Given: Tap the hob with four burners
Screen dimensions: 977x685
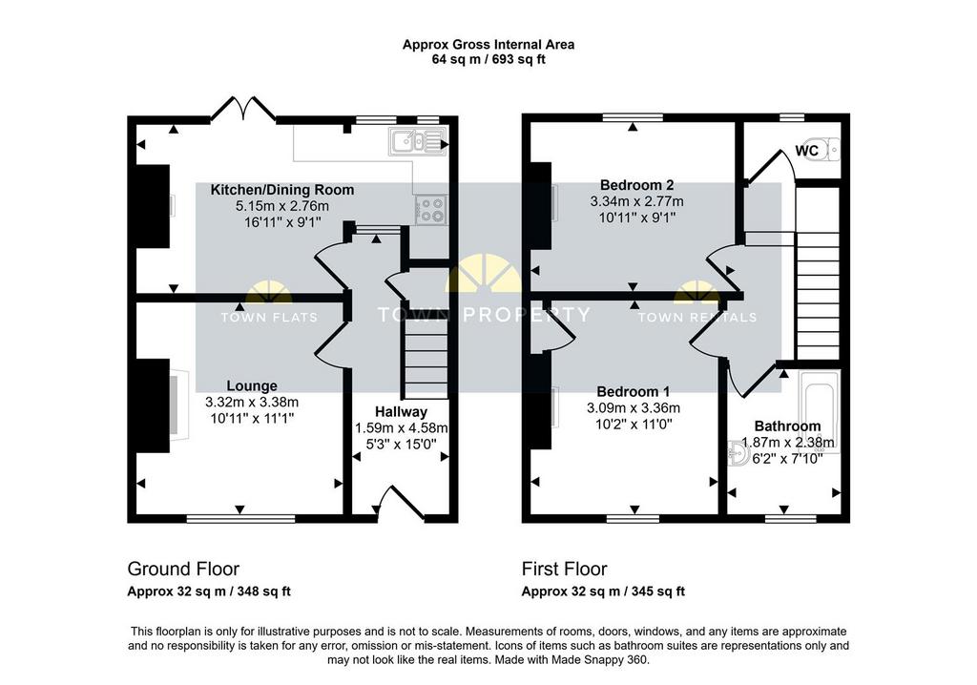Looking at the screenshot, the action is click(430, 210).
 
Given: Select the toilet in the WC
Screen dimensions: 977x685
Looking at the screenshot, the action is click(821, 150).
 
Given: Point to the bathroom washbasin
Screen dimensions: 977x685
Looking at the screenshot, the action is click(739, 454).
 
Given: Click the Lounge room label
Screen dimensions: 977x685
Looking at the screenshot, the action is click(252, 386).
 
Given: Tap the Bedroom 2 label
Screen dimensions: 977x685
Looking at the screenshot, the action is click(636, 185).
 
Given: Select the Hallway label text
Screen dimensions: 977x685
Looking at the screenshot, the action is click(402, 412).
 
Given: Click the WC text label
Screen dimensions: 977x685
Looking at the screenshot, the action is click(806, 151).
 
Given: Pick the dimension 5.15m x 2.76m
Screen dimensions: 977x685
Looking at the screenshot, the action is click(282, 206).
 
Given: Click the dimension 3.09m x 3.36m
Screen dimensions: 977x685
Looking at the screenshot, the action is click(634, 408).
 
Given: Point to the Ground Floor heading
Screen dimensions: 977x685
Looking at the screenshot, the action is click(183, 569).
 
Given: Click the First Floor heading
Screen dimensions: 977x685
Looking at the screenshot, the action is click(565, 569).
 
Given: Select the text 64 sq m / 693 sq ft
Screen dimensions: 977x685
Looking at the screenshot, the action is click(488, 60).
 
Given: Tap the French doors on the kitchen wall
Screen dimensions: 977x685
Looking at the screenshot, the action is click(243, 108).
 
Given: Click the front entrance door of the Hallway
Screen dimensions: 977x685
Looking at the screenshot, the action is click(402, 503).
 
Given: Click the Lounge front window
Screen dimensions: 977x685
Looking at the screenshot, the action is click(240, 518).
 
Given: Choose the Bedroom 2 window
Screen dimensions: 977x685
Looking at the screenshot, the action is click(634, 117).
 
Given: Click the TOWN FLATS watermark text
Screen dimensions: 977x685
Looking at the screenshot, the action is click(269, 318).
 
